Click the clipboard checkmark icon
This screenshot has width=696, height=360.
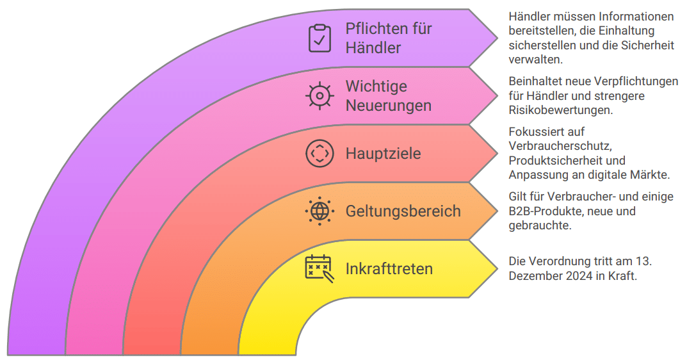[320, 38]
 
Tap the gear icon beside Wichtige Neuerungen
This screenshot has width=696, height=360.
[320, 95]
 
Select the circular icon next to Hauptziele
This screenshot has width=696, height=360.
[320, 154]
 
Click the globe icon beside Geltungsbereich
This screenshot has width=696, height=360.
[320, 211]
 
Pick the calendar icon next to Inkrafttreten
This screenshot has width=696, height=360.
[320, 268]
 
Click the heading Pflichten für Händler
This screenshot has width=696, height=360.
[389, 38]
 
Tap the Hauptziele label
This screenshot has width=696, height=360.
[383, 154]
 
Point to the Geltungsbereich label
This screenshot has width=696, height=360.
[403, 211]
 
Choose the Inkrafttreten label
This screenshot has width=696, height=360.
[389, 268]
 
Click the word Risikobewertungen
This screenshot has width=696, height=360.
[561, 110]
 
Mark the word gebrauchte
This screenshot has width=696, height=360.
[540, 225]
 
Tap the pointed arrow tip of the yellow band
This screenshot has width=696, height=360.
[497, 268]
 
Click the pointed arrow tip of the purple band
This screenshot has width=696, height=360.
[497, 38]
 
